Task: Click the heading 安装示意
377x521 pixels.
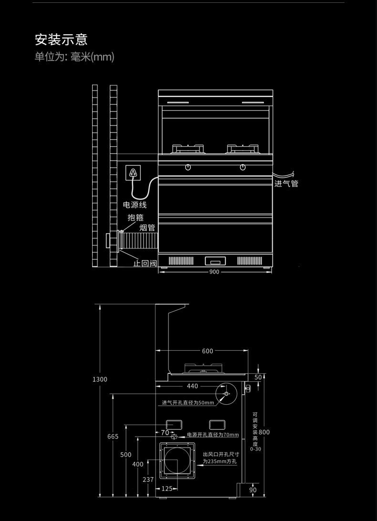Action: [x=61, y=39]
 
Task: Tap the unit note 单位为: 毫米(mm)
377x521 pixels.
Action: [x=74, y=57]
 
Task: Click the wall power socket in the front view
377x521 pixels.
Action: [x=133, y=173]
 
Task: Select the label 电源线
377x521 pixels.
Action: [x=135, y=205]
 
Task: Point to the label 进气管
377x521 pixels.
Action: [x=286, y=184]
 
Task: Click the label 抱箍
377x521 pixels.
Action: [x=136, y=217]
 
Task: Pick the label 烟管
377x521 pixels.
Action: [x=147, y=228]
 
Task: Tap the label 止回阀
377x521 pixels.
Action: [x=145, y=263]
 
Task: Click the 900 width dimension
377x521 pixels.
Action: [x=214, y=272]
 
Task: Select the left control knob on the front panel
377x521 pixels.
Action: [x=188, y=167]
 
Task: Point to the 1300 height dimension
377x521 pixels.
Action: [x=100, y=379]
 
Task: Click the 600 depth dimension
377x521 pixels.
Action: [x=208, y=351]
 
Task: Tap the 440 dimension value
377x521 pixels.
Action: [x=192, y=386]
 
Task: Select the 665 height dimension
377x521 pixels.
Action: [x=113, y=437]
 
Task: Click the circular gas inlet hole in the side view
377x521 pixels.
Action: [x=226, y=394]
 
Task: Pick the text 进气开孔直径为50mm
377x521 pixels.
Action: [x=188, y=403]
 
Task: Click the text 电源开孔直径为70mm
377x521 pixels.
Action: [x=212, y=435]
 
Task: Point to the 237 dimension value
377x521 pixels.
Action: [x=148, y=480]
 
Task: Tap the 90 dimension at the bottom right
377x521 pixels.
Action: [x=253, y=490]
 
